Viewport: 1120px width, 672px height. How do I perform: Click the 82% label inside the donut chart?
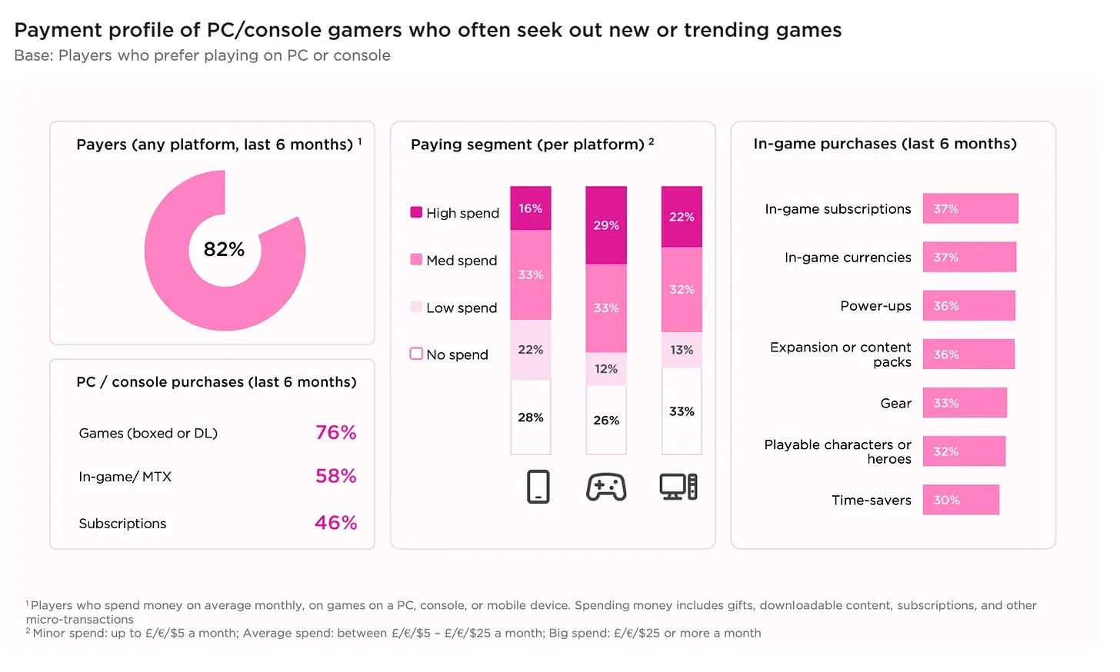tap(224, 249)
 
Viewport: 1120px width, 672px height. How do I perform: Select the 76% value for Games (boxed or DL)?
tap(335, 433)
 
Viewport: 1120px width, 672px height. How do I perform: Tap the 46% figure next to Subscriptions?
tap(335, 523)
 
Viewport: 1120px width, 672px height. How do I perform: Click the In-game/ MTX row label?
tap(125, 477)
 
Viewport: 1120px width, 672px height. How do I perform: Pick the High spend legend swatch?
tap(416, 212)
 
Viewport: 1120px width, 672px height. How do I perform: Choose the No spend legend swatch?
tap(416, 354)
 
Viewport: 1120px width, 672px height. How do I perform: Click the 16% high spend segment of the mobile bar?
tap(530, 208)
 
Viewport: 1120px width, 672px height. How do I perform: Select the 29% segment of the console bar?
tap(606, 225)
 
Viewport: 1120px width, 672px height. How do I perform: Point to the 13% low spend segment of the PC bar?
tap(682, 350)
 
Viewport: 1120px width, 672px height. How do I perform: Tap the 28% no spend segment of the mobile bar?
tap(530, 418)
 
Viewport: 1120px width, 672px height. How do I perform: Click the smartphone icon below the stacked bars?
tap(538, 487)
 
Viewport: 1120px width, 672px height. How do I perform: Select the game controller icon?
tap(606, 487)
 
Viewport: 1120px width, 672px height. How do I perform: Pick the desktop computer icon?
tap(678, 487)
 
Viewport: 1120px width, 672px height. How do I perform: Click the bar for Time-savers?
tap(961, 500)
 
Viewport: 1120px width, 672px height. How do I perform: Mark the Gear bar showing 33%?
tap(965, 403)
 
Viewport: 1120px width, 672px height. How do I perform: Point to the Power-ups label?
tap(875, 306)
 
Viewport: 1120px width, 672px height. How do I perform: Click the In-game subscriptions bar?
tap(970, 208)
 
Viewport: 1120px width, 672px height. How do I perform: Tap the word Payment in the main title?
tap(58, 30)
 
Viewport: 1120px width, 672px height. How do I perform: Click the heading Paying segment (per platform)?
tap(528, 145)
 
